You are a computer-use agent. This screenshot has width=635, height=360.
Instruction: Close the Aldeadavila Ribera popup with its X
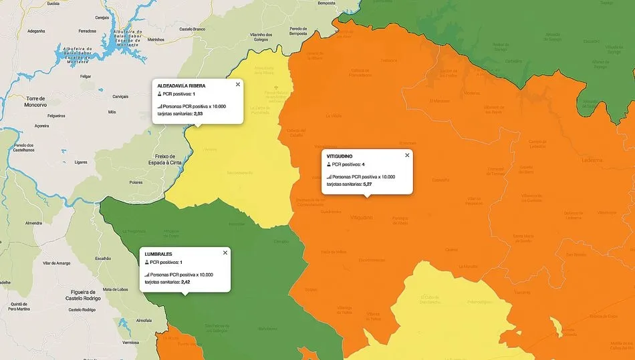(237, 85)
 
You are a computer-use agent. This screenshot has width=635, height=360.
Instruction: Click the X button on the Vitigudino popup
(407, 155)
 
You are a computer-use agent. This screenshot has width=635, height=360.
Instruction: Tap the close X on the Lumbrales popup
(225, 252)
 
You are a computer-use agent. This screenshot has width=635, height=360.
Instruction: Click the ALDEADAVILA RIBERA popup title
(181, 86)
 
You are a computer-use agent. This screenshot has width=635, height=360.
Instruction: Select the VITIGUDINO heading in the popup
(340, 156)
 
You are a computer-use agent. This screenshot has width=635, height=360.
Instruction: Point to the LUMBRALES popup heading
(158, 254)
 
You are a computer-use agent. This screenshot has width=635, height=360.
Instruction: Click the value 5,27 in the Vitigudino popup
(367, 184)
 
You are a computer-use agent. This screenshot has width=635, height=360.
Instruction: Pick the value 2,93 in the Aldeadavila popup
(199, 114)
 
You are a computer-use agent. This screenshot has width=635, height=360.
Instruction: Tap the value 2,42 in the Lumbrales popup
(185, 282)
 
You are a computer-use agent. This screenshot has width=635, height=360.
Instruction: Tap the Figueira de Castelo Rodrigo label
(83, 295)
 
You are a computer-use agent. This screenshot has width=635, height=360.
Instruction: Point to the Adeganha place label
(36, 31)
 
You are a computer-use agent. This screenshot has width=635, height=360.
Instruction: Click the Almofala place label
(144, 321)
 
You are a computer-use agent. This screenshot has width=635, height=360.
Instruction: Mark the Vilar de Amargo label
(56, 263)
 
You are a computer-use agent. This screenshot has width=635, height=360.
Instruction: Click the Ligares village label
(81, 162)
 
